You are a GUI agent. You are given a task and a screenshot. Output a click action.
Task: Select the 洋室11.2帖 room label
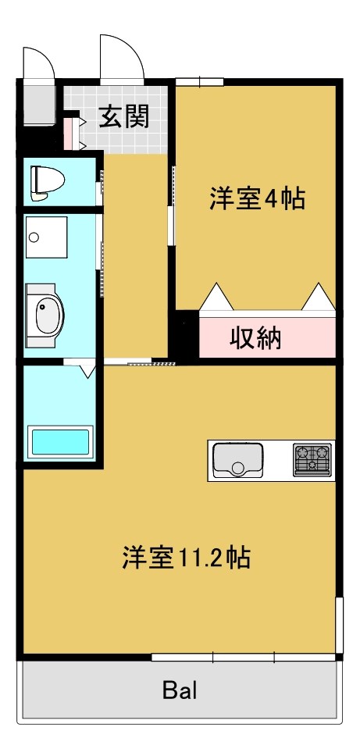186,558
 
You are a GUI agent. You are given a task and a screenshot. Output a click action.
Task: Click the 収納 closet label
255,339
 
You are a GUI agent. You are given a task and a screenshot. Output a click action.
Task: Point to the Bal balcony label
180,690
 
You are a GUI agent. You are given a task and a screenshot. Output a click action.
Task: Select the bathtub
60,443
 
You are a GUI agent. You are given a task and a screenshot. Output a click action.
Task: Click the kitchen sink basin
237,459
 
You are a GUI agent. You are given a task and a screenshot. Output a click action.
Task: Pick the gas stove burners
312,459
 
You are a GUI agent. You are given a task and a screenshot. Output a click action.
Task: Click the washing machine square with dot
46,237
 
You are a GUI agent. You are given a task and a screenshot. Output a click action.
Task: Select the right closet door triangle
319,298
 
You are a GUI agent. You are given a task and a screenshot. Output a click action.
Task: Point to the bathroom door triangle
85,368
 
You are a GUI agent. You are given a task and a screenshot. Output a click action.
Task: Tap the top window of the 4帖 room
199,80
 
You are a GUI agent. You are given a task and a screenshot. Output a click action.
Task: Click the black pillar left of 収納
186,336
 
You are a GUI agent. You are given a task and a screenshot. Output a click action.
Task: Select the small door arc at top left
37,62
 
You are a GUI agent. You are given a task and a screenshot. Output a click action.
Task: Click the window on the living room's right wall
339,625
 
